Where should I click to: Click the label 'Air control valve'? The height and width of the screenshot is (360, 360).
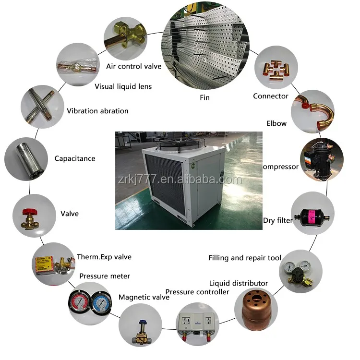(134, 66)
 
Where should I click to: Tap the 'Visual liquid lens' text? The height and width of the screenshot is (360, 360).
(123, 86)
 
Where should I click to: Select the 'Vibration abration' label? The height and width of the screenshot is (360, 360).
(97, 111)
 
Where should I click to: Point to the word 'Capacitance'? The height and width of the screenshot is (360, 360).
(75, 158)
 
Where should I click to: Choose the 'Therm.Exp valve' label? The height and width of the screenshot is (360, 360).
(104, 257)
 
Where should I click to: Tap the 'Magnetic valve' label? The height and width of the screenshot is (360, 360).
(144, 297)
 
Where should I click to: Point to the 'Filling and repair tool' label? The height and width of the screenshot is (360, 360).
(245, 258)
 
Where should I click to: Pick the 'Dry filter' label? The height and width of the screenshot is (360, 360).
(277, 221)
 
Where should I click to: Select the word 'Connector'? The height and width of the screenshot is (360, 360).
(271, 96)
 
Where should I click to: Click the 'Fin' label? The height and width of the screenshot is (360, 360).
(205, 97)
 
